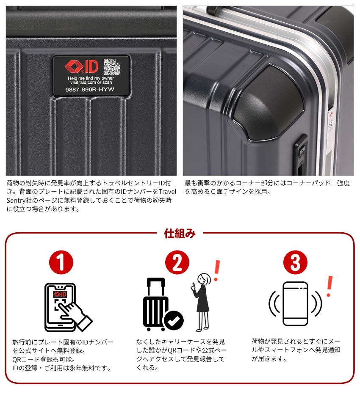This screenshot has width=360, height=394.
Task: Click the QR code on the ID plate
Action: click(112, 66)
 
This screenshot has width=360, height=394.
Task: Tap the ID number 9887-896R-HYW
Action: click(90, 89)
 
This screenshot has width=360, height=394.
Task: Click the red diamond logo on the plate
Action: click(74, 66)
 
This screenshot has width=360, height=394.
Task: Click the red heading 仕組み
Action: click(180, 234)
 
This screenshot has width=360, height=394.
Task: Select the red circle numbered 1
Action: click(61, 262)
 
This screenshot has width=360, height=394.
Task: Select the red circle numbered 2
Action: click(177, 262)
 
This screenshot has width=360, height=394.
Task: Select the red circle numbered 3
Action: click(295, 262)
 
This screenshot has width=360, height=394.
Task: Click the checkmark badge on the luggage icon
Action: click(174, 320)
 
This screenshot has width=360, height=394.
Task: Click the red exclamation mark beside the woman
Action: click(216, 270)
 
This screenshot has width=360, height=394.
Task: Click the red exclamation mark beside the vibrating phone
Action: click(330, 286)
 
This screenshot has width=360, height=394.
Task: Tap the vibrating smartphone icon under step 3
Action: click(295, 304)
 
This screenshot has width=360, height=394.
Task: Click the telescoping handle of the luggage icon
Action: click(156, 287)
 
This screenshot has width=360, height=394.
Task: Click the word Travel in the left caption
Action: click(168, 192)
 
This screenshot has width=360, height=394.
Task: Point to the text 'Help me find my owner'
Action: click(91, 78)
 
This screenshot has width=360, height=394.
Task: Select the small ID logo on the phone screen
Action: click(60, 294)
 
